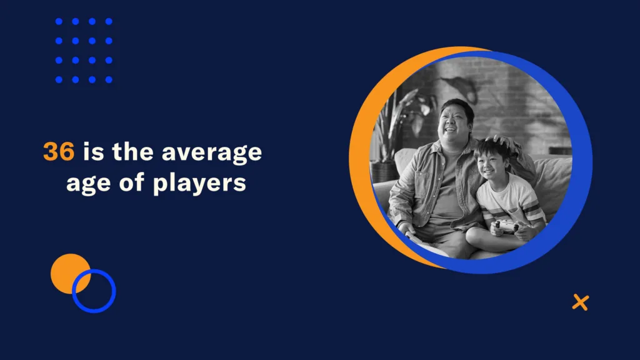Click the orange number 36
coord(59,152)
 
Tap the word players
coord(199,184)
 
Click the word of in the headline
coord(131,182)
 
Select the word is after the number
coord(94,151)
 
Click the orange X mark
coord(581,302)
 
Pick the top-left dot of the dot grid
coord(59,22)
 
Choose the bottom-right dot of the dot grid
coord(109,79)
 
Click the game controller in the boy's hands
coord(507,226)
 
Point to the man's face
coord(454,122)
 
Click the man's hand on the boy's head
coord(504,142)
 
